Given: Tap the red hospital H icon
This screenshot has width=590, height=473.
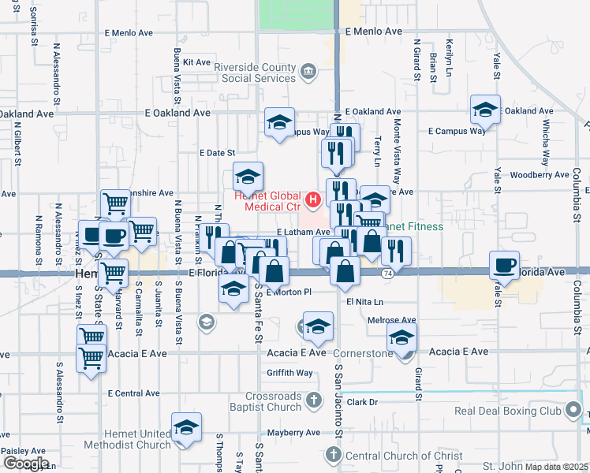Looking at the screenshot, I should pos(313,200).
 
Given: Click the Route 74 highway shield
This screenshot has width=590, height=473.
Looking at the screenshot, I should pos(386,272).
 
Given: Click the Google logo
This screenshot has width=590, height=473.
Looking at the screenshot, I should pos(25,464).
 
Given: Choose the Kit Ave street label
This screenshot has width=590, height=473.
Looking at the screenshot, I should pos(196,62).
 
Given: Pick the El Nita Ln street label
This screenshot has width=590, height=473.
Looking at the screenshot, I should pos(364,302).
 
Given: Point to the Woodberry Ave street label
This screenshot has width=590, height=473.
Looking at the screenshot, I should pos(540,175).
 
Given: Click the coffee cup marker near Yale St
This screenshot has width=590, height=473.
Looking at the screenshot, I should pos(504,264).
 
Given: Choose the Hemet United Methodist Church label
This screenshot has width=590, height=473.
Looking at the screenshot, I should pos(137,439).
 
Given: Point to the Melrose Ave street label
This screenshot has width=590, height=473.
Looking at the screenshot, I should pos(392,321).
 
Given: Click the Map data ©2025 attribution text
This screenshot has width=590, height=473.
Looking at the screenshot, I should pos(558,467).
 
